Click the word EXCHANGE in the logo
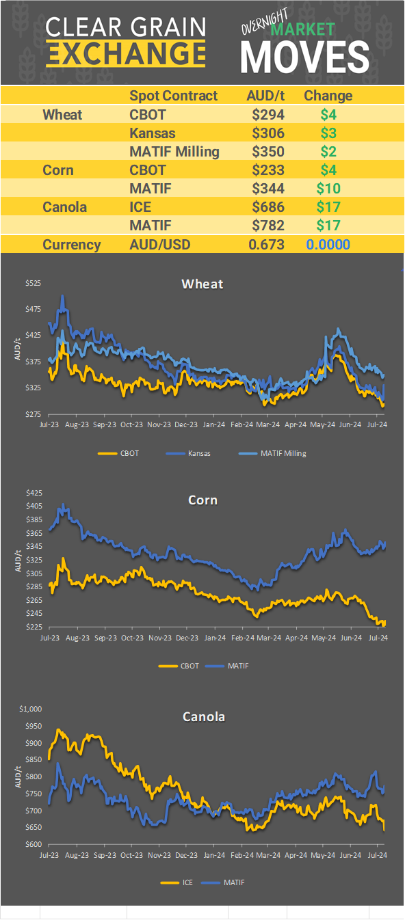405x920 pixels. [x=126, y=53]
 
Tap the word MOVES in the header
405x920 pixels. [x=305, y=57]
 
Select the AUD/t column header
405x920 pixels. [x=265, y=96]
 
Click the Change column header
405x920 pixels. [x=328, y=96]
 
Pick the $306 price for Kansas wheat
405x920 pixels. [x=267, y=133]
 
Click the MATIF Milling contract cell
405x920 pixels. [x=174, y=151]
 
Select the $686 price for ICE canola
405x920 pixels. [x=267, y=206]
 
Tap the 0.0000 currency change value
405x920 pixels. [x=328, y=245]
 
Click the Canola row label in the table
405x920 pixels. [x=64, y=206]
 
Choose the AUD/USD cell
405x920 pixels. [x=160, y=245]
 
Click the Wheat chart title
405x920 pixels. [x=202, y=284]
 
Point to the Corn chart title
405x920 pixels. [x=202, y=500]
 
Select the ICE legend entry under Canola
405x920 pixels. [x=187, y=882]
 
